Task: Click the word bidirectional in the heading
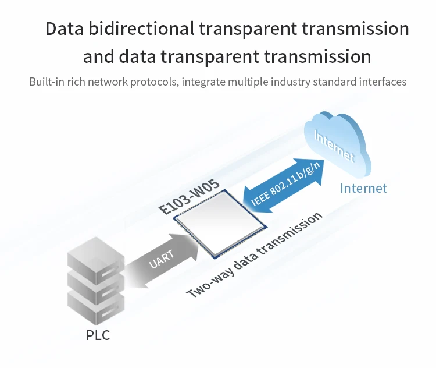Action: point(141,29)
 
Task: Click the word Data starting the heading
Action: point(64,29)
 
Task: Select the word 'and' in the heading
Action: point(98,56)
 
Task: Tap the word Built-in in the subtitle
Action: point(47,82)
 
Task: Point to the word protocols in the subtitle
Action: point(154,82)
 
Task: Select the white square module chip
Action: point(220,224)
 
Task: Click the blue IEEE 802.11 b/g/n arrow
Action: point(284,186)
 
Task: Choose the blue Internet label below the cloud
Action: point(363,188)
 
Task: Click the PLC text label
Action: point(98,335)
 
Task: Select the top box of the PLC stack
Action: point(96,260)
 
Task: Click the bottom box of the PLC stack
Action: point(96,307)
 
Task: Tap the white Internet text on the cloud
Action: point(334,146)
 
